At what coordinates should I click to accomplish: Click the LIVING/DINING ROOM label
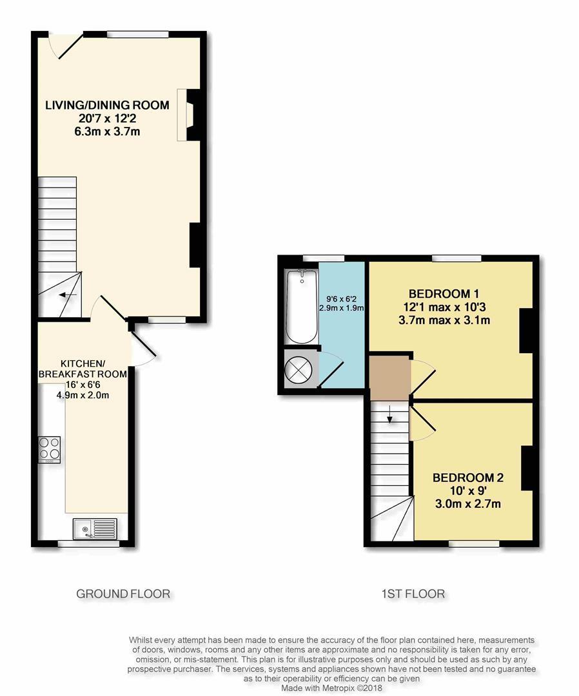107,105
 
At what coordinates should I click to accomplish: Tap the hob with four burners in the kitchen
49,450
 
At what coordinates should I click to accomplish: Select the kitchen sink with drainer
95,528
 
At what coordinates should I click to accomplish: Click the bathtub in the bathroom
302,306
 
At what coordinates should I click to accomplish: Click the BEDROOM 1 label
444,294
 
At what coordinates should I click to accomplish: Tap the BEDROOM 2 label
468,478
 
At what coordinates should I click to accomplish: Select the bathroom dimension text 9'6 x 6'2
342,299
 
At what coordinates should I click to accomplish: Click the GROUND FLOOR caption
123,594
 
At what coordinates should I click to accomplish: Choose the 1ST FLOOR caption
413,594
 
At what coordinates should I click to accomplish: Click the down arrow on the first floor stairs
390,414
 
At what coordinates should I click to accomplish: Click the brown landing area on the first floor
390,378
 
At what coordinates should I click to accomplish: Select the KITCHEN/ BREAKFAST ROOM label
83,369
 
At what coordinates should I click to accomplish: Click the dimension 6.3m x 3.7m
107,131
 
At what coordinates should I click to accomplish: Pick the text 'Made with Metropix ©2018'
331,688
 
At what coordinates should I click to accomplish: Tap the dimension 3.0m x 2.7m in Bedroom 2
468,504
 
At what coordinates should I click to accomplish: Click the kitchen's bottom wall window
89,543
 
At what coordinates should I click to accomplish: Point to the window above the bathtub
324,258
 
